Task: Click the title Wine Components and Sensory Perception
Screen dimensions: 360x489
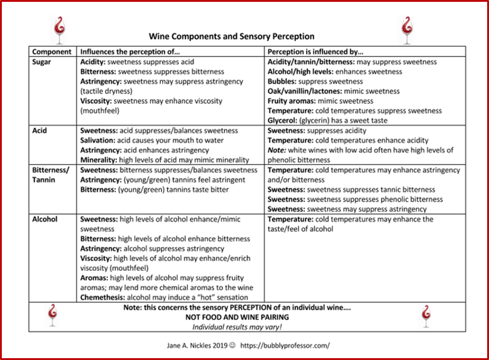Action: click(x=232, y=37)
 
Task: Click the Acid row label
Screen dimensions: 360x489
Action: click(x=40, y=131)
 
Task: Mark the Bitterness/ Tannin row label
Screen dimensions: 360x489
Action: click(x=51, y=175)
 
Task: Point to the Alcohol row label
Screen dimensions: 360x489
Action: click(x=44, y=219)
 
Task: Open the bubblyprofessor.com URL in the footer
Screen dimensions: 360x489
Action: click(x=285, y=345)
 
